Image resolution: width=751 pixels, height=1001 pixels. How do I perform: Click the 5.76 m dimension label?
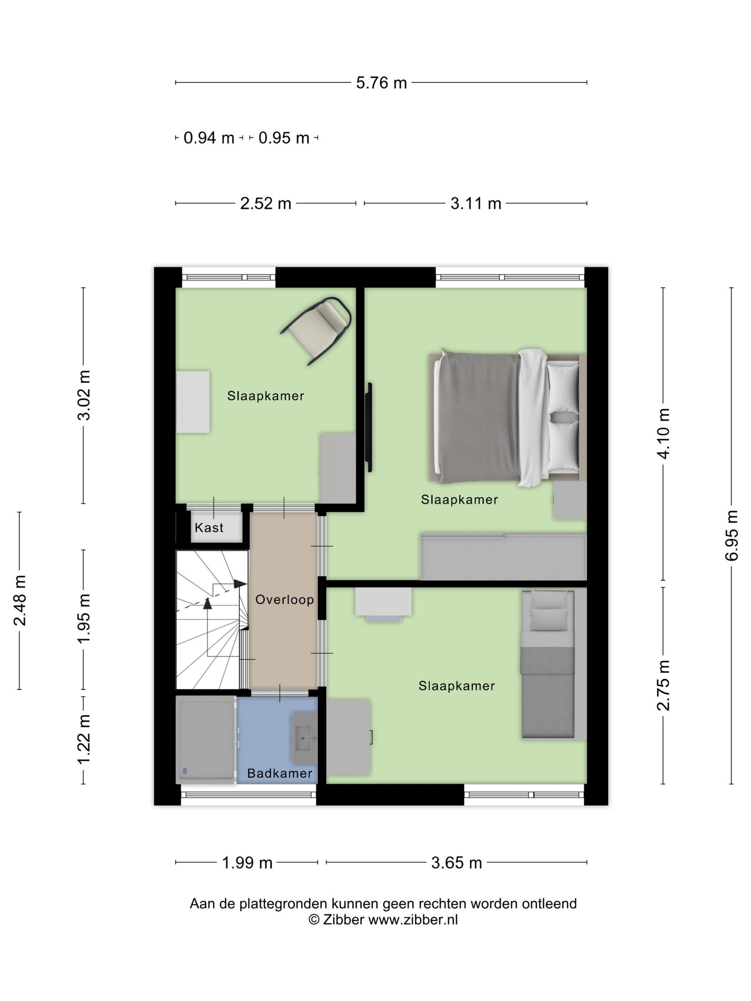coord(381,83)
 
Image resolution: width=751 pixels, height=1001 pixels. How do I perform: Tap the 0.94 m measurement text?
coord(209,138)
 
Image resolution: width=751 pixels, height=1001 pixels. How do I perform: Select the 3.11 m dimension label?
coord(476,204)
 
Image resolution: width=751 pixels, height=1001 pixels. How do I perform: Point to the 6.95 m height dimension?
coord(732,535)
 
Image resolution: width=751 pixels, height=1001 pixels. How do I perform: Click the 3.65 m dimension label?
coord(456,863)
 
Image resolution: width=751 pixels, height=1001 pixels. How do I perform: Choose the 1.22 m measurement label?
coord(84,739)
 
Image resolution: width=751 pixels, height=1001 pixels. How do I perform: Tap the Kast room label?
coord(209,528)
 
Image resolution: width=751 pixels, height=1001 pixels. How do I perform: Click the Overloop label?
coord(284,600)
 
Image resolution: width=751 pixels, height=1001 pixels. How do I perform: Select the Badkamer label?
coord(279,773)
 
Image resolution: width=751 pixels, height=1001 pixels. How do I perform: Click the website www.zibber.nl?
coord(413,919)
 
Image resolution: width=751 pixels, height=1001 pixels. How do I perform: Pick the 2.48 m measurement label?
coord(19,601)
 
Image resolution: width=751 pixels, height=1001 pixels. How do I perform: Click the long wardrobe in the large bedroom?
coord(504,557)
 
